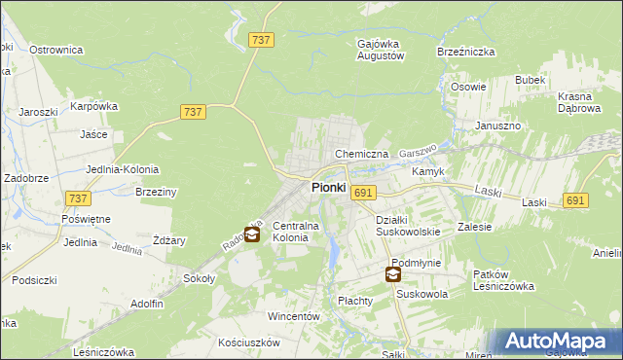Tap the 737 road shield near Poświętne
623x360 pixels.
pyautogui.click(x=80, y=198)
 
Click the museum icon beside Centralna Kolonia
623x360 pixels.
pyautogui.click(x=251, y=234)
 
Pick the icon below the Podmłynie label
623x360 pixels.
pyautogui.click(x=392, y=275)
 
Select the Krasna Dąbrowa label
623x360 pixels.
pyautogui.click(x=583, y=102)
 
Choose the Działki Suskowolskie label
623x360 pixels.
pyautogui.click(x=409, y=226)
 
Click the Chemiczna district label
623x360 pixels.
pyautogui.click(x=361, y=154)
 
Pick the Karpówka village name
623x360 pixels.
pyautogui.click(x=93, y=106)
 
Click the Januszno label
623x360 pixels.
pyautogui.click(x=498, y=126)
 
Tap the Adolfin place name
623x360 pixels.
pyautogui.click(x=146, y=304)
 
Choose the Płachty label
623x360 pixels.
pyautogui.click(x=355, y=301)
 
